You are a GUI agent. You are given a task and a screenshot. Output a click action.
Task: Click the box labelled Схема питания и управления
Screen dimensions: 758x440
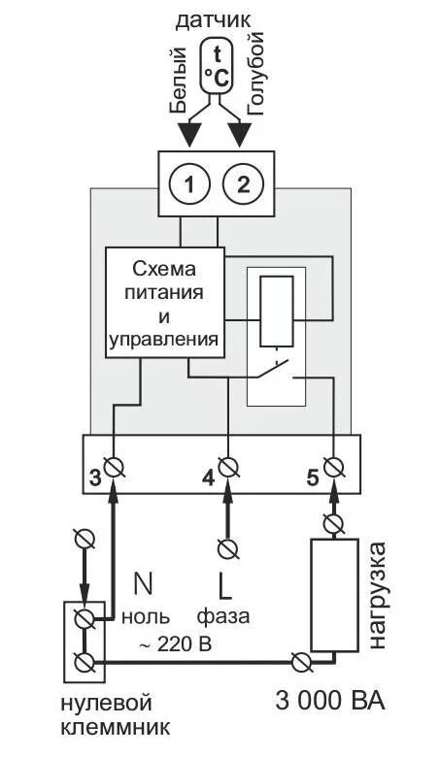(x=164, y=302)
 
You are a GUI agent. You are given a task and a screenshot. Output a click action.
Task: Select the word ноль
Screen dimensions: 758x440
(x=146, y=617)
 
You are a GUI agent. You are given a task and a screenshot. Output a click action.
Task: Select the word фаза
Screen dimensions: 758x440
(x=223, y=617)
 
